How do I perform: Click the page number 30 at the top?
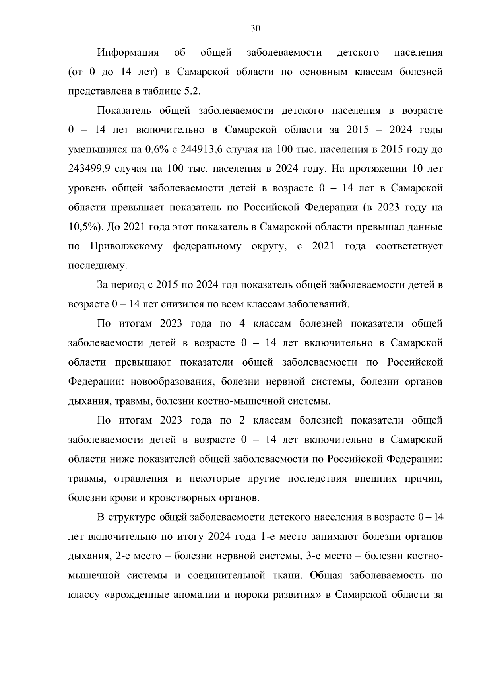click(x=255, y=28)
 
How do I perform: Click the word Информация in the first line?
click(x=128, y=53)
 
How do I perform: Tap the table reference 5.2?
click(x=192, y=91)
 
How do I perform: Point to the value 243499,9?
click(x=89, y=169)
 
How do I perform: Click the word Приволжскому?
click(x=126, y=246)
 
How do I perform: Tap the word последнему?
click(x=98, y=266)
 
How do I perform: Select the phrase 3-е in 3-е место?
click(x=314, y=556)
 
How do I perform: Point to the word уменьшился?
click(x=94, y=150)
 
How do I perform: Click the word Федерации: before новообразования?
click(x=97, y=382)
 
